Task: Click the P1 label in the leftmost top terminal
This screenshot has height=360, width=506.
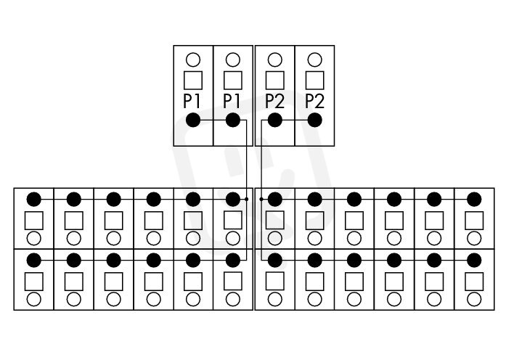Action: pyautogui.click(x=192, y=102)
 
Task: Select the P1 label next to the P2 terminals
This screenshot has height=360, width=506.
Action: pyautogui.click(x=232, y=102)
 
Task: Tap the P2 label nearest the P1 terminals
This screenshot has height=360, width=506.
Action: pyautogui.click(x=274, y=102)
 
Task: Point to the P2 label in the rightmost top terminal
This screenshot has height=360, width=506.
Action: pyautogui.click(x=314, y=102)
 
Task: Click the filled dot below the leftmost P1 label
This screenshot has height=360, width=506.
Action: pyautogui.click(x=193, y=120)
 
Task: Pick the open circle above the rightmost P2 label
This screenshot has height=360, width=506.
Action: pyautogui.click(x=314, y=60)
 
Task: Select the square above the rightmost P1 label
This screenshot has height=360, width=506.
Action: pyautogui.click(x=232, y=81)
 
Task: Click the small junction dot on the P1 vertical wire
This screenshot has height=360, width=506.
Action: pyautogui.click(x=247, y=200)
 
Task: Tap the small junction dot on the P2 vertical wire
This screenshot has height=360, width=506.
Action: pyautogui.click(x=261, y=200)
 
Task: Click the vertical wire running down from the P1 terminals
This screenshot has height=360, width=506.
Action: pyautogui.click(x=247, y=190)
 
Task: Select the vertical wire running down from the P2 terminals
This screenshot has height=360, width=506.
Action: pyautogui.click(x=261, y=190)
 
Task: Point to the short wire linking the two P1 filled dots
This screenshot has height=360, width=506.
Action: pyautogui.click(x=213, y=120)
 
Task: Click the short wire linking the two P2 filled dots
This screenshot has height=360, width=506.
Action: pyautogui.click(x=295, y=120)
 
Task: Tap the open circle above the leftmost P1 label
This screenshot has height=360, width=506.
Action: pyautogui.click(x=193, y=60)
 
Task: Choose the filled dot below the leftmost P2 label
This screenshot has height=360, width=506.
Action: pyautogui.click(x=275, y=120)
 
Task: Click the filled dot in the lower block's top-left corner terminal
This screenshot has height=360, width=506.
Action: pyautogui.click(x=34, y=200)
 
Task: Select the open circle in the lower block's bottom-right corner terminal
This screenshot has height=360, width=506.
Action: pyautogui.click(x=474, y=299)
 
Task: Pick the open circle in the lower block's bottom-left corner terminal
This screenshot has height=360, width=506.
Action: pyautogui.click(x=34, y=299)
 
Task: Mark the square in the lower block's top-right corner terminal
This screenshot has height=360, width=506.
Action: pyautogui.click(x=474, y=221)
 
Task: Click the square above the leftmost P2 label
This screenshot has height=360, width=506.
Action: pyautogui.click(x=275, y=81)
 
